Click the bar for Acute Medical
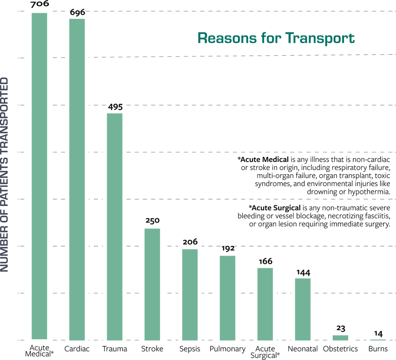(x=39, y=176)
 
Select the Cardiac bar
(x=77, y=179)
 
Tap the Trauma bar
(x=114, y=226)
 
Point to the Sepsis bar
(x=190, y=294)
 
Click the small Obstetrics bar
(x=340, y=338)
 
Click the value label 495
(x=114, y=107)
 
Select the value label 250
(x=152, y=221)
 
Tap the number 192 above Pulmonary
(x=228, y=248)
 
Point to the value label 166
(x=265, y=261)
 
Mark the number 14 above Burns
(x=378, y=333)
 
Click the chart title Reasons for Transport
(x=276, y=38)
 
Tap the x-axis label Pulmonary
(x=227, y=349)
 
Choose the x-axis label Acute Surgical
(x=265, y=351)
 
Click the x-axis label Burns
(x=378, y=349)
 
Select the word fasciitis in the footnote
(x=372, y=216)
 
